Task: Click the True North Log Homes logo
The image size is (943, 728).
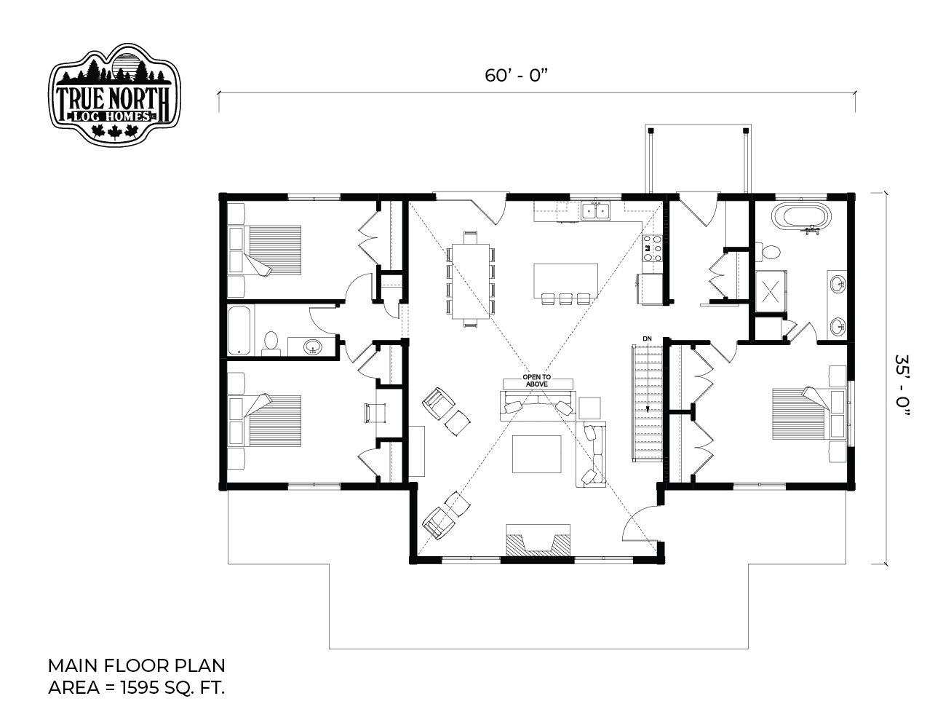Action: click(x=114, y=94)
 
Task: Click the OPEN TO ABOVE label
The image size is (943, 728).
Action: click(x=537, y=381)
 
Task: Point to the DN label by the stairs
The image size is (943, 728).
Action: click(x=647, y=339)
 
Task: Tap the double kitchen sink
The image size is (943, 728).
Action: click(x=596, y=210)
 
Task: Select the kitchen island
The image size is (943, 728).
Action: click(x=565, y=280)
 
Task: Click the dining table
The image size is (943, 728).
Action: click(x=471, y=281)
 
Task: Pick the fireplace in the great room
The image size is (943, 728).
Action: click(x=538, y=539)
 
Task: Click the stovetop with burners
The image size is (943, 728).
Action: click(x=653, y=248)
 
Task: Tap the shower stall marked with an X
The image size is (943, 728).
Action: click(x=771, y=291)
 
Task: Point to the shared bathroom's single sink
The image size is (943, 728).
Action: click(x=313, y=347)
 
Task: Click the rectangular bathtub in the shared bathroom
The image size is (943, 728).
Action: click(x=239, y=330)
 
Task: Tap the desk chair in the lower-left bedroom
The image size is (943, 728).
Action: click(x=375, y=412)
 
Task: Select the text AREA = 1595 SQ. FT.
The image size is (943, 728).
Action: click(x=136, y=688)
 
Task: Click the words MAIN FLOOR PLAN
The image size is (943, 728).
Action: click(x=136, y=665)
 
